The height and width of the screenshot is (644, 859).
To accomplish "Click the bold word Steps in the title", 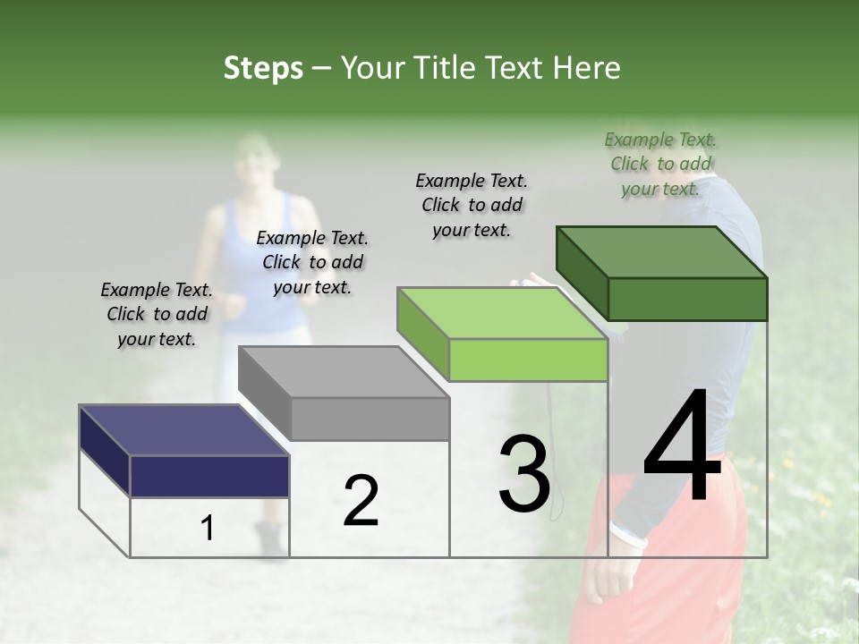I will pos(263,68).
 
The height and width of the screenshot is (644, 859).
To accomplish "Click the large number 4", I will pos(683,446).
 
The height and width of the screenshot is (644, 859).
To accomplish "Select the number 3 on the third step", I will pos(523,474).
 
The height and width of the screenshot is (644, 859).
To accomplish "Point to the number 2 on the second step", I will pos(361,501).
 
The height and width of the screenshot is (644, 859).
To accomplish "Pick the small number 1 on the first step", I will pos(208,529).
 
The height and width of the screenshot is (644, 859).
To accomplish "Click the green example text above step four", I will pos(660,164).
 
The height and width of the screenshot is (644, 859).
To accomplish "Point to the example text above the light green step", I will pos(472,205).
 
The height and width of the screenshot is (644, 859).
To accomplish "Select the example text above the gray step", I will pos(312,262).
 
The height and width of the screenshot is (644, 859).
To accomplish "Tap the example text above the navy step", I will pos(157,314).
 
